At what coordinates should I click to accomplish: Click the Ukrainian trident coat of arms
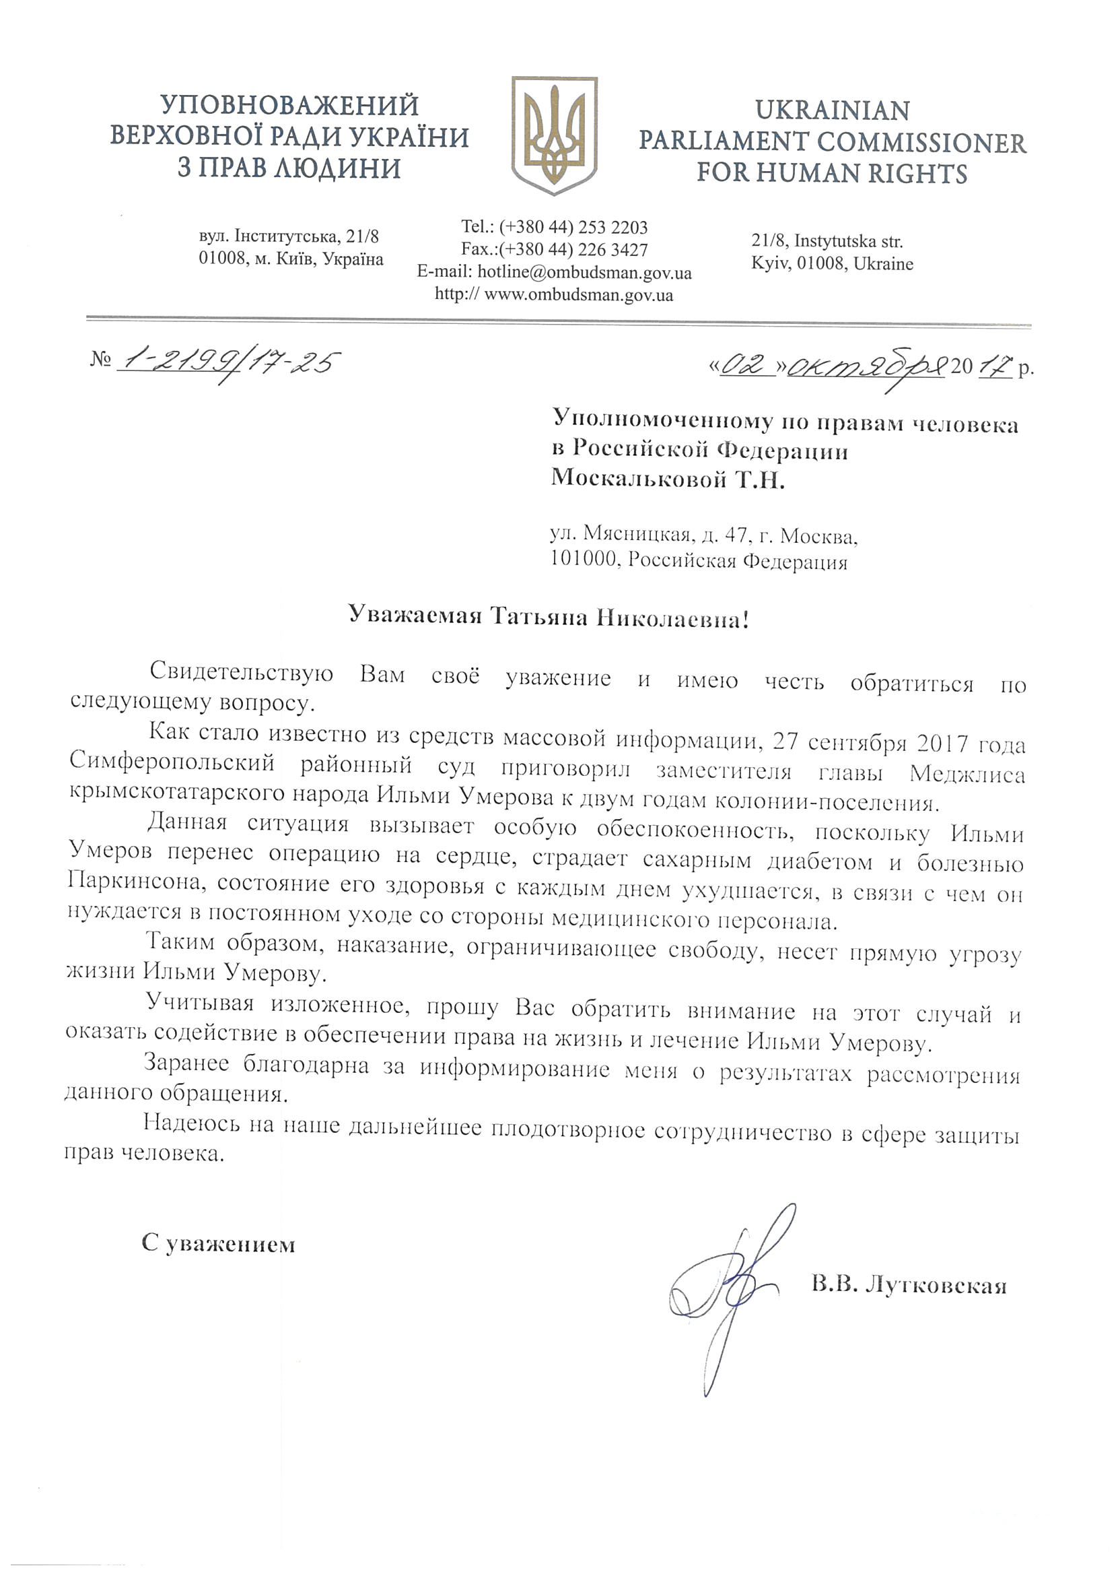pyautogui.click(x=554, y=135)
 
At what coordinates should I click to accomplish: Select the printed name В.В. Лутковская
pyautogui.click(x=908, y=1285)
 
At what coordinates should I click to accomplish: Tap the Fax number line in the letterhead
pyautogui.click(x=554, y=249)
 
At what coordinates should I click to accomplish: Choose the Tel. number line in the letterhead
pyautogui.click(x=554, y=227)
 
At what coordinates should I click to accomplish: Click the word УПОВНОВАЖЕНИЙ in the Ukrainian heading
pyautogui.click(x=289, y=106)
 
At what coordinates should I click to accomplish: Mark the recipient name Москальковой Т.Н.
pyautogui.click(x=668, y=478)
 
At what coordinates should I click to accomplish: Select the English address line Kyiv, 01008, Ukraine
pyautogui.click(x=832, y=263)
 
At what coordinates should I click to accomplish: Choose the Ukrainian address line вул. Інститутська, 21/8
pyautogui.click(x=289, y=236)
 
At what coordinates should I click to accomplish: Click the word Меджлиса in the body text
pyautogui.click(x=967, y=773)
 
